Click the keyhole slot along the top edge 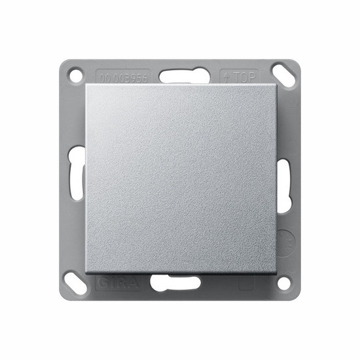pos(179,74)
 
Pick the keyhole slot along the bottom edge pos(179,283)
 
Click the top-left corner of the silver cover pos(85,85)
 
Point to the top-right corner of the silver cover pos(276,85)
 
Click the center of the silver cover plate pos(180,179)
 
